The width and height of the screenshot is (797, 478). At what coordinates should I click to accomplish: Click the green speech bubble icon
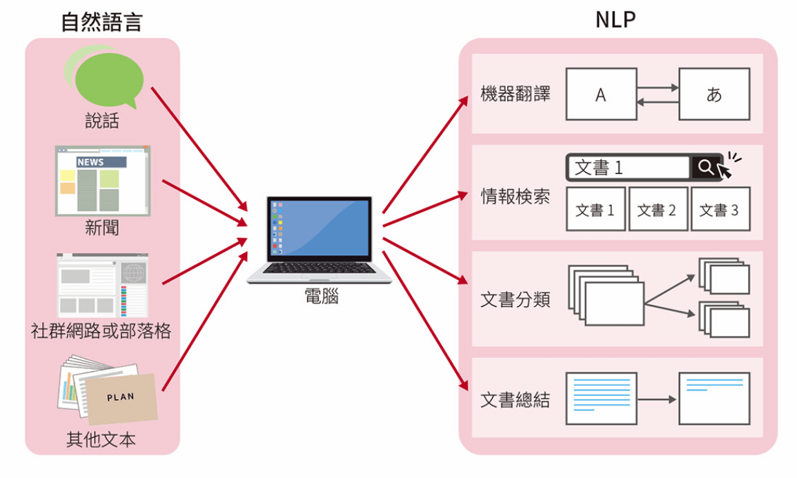pyautogui.click(x=108, y=76)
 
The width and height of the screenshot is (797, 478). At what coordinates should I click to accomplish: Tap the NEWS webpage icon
pyautogui.click(x=103, y=180)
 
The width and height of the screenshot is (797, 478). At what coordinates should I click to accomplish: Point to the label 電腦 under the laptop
pyautogui.click(x=321, y=297)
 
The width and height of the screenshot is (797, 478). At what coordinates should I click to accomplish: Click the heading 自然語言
pyautogui.click(x=101, y=22)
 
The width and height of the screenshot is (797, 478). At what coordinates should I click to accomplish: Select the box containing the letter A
pyautogui.click(x=601, y=94)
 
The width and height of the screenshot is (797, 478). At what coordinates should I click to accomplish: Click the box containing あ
pyautogui.click(x=714, y=94)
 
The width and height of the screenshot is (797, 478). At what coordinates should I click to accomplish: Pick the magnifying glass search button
pyautogui.click(x=705, y=168)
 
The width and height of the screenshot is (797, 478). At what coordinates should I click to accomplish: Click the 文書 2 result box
pyautogui.click(x=657, y=209)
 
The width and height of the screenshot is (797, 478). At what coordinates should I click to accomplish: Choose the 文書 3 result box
pyautogui.click(x=720, y=209)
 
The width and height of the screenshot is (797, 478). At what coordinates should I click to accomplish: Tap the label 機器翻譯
pyautogui.click(x=515, y=94)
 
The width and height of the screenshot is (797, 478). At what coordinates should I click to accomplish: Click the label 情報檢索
pyautogui.click(x=515, y=197)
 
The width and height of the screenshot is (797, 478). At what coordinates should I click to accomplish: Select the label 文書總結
pyautogui.click(x=515, y=400)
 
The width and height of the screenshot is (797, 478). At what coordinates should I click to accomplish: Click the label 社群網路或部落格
pyautogui.click(x=101, y=330)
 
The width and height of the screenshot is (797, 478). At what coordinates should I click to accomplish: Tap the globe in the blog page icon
pyautogui.click(x=134, y=273)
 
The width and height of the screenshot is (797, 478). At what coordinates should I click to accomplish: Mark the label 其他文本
pyautogui.click(x=101, y=439)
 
